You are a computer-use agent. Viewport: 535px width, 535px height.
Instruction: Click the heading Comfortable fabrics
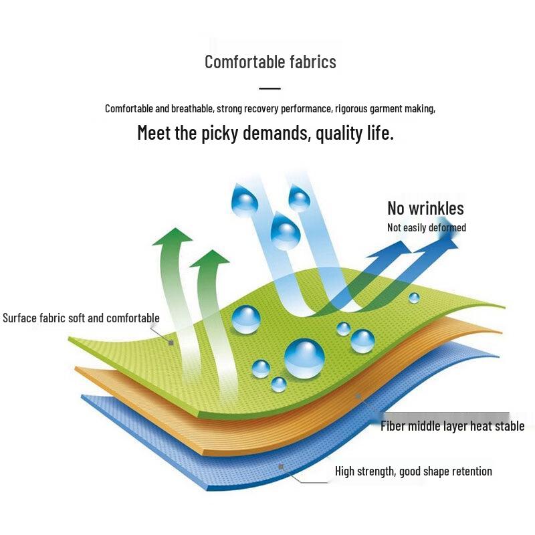(270, 62)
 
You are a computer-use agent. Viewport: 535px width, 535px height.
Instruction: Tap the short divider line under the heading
(270, 88)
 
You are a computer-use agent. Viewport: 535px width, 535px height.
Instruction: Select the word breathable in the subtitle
(192, 108)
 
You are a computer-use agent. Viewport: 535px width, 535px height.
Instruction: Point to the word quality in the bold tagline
(339, 133)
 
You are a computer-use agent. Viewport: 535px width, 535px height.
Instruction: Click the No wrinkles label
(425, 208)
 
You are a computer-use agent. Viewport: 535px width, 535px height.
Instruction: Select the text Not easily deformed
(427, 227)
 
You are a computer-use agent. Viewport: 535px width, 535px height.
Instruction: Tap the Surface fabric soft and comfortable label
(81, 318)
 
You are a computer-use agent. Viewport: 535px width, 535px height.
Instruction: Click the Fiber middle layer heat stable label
(453, 426)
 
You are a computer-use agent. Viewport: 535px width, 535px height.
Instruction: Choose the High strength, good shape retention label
(413, 471)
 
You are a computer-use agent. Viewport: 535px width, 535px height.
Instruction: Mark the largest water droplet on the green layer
(304, 358)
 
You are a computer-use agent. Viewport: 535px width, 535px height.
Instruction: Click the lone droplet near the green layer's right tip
(414, 298)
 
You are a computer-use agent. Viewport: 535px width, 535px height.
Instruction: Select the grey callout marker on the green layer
(171, 342)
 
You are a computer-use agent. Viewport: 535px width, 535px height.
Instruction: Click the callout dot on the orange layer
(358, 396)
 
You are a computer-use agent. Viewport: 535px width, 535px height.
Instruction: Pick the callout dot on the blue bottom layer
(281, 466)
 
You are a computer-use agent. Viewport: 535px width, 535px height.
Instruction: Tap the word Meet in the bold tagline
(154, 132)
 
